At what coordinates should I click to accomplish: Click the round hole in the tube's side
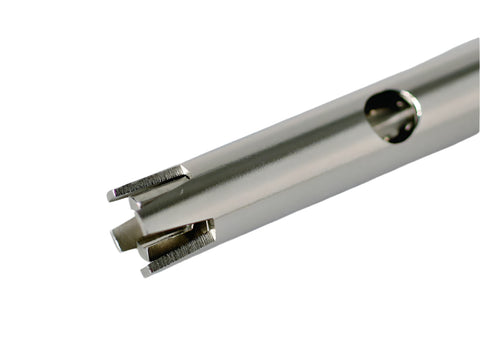pos(392,114)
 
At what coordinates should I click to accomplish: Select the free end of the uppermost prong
pos(111,193)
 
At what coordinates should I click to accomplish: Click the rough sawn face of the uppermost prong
pos(150,181)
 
